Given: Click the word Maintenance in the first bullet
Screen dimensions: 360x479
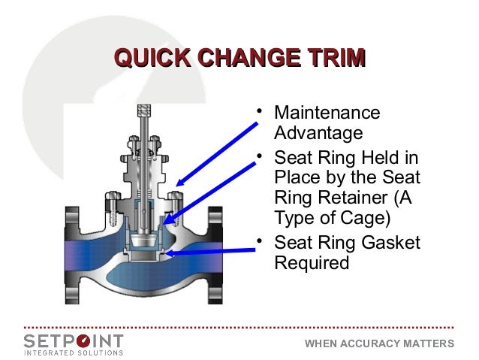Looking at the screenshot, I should [327, 113].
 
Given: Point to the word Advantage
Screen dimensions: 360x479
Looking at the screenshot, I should [318, 135].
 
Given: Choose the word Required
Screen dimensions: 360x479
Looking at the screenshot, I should [312, 264].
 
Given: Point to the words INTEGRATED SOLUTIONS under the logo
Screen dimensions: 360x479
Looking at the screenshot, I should [74, 351].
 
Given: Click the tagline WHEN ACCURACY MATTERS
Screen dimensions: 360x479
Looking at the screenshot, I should [379, 344].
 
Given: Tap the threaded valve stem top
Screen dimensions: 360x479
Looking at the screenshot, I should [143, 113].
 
